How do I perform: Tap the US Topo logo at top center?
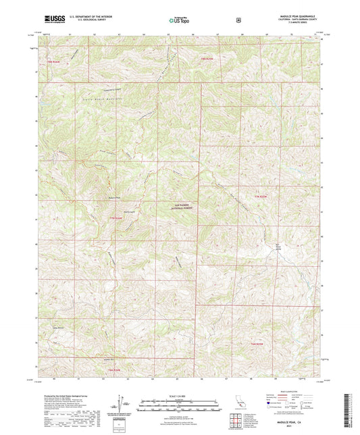click(x=179, y=21)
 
